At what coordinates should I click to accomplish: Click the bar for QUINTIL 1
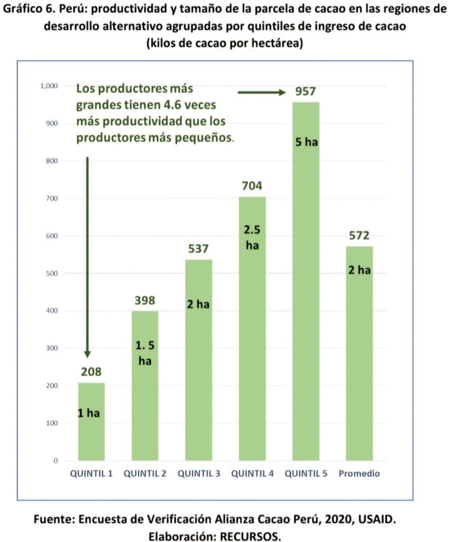[x=91, y=421]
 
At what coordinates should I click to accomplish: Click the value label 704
[x=252, y=186]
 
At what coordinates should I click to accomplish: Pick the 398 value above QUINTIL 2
[x=145, y=300]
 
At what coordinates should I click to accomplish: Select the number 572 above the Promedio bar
[x=359, y=235]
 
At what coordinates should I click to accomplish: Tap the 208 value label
[x=91, y=372]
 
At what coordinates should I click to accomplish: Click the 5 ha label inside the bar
[x=306, y=142]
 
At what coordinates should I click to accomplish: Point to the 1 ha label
[x=89, y=413]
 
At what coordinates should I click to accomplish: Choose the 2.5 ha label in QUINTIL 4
[x=252, y=238]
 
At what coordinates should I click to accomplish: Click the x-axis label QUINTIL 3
[x=199, y=474]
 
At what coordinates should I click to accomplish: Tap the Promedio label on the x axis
[x=359, y=474]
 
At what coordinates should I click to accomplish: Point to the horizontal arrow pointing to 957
[x=261, y=93]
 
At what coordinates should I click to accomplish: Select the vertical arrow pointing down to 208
[x=87, y=258]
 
